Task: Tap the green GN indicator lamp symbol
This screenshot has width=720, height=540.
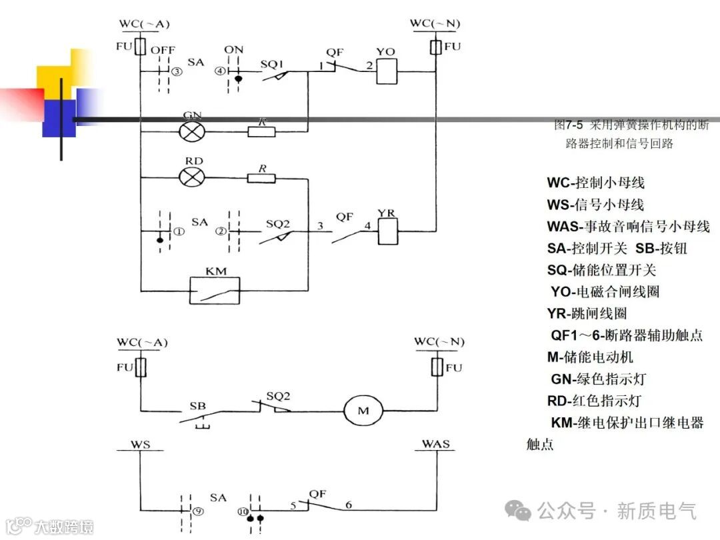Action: click(193, 131)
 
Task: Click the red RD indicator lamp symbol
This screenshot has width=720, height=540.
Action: click(193, 177)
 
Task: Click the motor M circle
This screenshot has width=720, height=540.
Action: click(363, 411)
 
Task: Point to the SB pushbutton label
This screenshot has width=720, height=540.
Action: click(197, 405)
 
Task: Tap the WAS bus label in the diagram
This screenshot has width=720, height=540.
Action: click(435, 443)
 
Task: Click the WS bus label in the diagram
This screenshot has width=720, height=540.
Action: click(141, 443)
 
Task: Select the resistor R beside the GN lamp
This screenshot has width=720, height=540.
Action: click(261, 131)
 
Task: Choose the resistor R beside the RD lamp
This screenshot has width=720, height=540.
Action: click(261, 178)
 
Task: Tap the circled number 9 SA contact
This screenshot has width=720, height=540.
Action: click(197, 511)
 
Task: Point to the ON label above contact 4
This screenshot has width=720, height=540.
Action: click(234, 49)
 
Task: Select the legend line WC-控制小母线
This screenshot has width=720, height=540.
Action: click(596, 183)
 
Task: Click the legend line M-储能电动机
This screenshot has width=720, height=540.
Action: click(590, 357)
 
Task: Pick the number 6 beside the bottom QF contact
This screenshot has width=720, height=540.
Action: click(348, 505)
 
